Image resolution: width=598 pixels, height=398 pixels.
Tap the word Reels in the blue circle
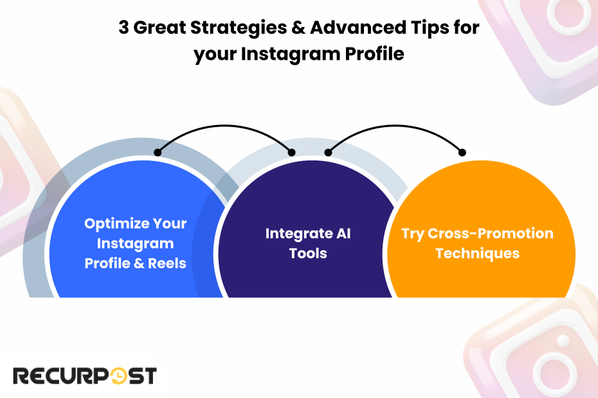point(167,263)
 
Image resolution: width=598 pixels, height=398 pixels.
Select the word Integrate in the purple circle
point(296,233)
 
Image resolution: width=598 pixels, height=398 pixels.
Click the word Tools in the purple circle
point(308,253)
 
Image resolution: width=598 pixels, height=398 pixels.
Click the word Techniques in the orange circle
point(477,253)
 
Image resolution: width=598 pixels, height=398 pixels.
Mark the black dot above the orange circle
point(462,152)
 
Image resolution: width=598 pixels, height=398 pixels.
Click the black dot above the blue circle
point(158,152)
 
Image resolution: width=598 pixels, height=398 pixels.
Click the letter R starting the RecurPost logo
point(22,376)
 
